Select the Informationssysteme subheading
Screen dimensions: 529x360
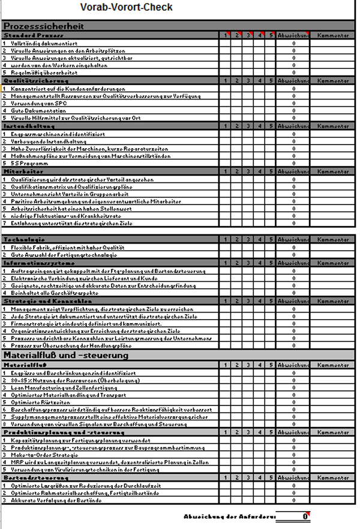coord(37,262)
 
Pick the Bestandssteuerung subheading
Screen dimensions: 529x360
coord(34,477)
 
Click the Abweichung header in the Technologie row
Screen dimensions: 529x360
coord(294,239)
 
